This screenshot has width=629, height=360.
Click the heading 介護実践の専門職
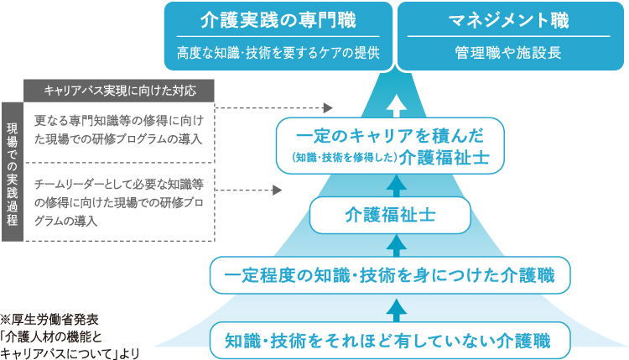click(x=278, y=20)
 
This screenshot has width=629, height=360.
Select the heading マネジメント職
click(x=509, y=20)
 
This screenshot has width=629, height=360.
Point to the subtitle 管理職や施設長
click(x=508, y=53)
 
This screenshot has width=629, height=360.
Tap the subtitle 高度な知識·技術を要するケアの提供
click(x=278, y=53)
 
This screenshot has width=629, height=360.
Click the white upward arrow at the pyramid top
click(x=397, y=106)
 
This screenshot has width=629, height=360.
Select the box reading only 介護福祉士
click(x=390, y=215)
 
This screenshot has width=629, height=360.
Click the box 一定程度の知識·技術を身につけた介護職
click(x=390, y=275)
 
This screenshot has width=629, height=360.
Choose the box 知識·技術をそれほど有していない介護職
click(x=390, y=341)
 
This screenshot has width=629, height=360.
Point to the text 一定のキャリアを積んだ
click(x=390, y=136)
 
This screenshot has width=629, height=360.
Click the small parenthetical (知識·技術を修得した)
click(x=345, y=158)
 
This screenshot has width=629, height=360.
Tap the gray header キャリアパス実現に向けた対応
click(x=119, y=91)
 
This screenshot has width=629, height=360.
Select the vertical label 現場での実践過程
click(x=13, y=172)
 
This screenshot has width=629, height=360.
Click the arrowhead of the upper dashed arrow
click(x=328, y=107)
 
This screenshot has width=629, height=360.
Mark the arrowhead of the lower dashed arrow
click(x=278, y=190)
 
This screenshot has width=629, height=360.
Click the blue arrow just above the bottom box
click(x=397, y=310)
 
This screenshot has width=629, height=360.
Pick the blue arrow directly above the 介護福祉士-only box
click(x=397, y=185)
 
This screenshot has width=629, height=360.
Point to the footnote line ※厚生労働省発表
click(x=49, y=320)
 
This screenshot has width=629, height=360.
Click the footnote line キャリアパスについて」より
click(x=70, y=353)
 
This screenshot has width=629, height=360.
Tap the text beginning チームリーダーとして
click(x=119, y=202)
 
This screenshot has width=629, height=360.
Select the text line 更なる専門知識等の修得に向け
click(x=119, y=120)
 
